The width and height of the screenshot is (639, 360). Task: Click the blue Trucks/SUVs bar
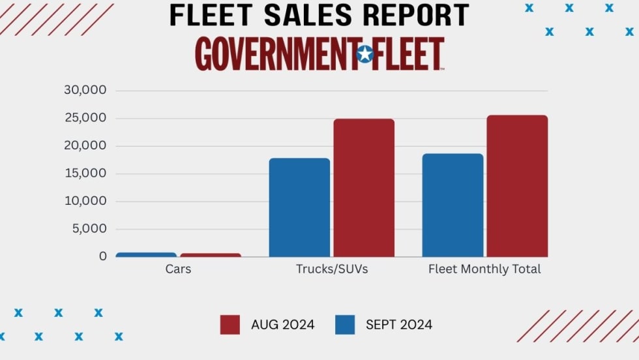click(299, 207)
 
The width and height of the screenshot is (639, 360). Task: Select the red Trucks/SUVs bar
click(364, 188)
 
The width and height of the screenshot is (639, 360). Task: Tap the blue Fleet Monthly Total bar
click(453, 205)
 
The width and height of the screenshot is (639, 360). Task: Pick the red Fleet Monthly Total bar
click(517, 186)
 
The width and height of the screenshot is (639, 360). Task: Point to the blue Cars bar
click(146, 254)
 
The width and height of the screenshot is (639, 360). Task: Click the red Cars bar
click(211, 255)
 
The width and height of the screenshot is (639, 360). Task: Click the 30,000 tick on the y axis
click(85, 90)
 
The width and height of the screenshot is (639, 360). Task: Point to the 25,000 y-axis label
click(85, 118)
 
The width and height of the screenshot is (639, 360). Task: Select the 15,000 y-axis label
click(85, 173)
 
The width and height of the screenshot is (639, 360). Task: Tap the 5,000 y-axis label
click(88, 229)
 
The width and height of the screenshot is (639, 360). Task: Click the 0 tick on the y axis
click(102, 256)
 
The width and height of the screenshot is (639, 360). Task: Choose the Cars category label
click(178, 269)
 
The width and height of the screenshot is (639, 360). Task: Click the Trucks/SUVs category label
click(332, 269)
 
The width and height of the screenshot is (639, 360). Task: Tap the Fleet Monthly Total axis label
click(484, 269)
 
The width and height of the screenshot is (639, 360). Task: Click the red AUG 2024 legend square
click(230, 325)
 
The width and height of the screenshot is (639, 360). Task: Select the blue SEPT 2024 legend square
click(345, 325)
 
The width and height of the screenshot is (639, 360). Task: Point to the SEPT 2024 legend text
click(398, 325)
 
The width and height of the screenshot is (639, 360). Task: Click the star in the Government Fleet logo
click(365, 54)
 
